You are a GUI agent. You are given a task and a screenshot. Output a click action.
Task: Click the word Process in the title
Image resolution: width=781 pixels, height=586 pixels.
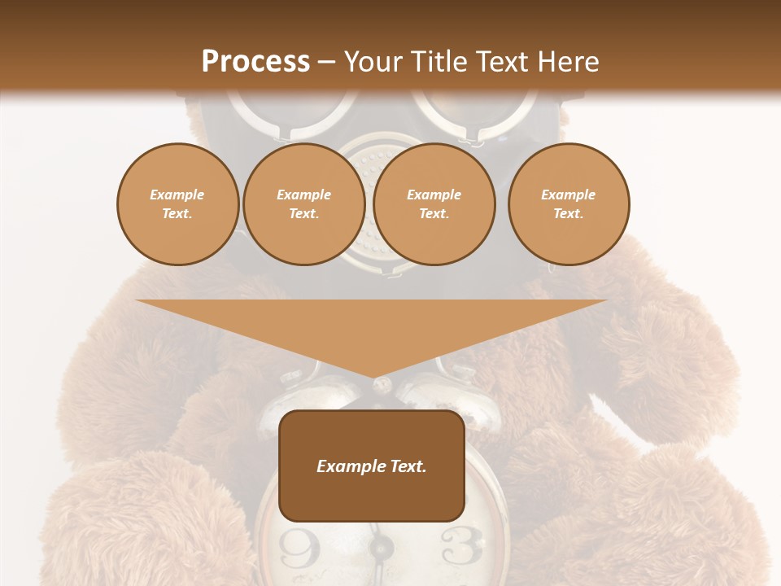255,62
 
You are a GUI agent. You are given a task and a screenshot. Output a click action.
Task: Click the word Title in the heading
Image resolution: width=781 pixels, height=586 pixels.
438,62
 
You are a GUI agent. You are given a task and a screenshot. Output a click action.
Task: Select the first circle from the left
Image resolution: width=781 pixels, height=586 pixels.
177,204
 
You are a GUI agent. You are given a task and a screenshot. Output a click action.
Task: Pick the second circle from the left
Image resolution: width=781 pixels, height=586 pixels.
304,204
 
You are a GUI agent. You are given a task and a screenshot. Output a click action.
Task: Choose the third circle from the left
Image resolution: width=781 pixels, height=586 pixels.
434,204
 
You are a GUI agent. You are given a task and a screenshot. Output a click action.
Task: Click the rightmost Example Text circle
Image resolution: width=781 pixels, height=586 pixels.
569,204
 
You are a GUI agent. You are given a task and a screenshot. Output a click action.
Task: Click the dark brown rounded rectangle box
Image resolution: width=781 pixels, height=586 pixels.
372,466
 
